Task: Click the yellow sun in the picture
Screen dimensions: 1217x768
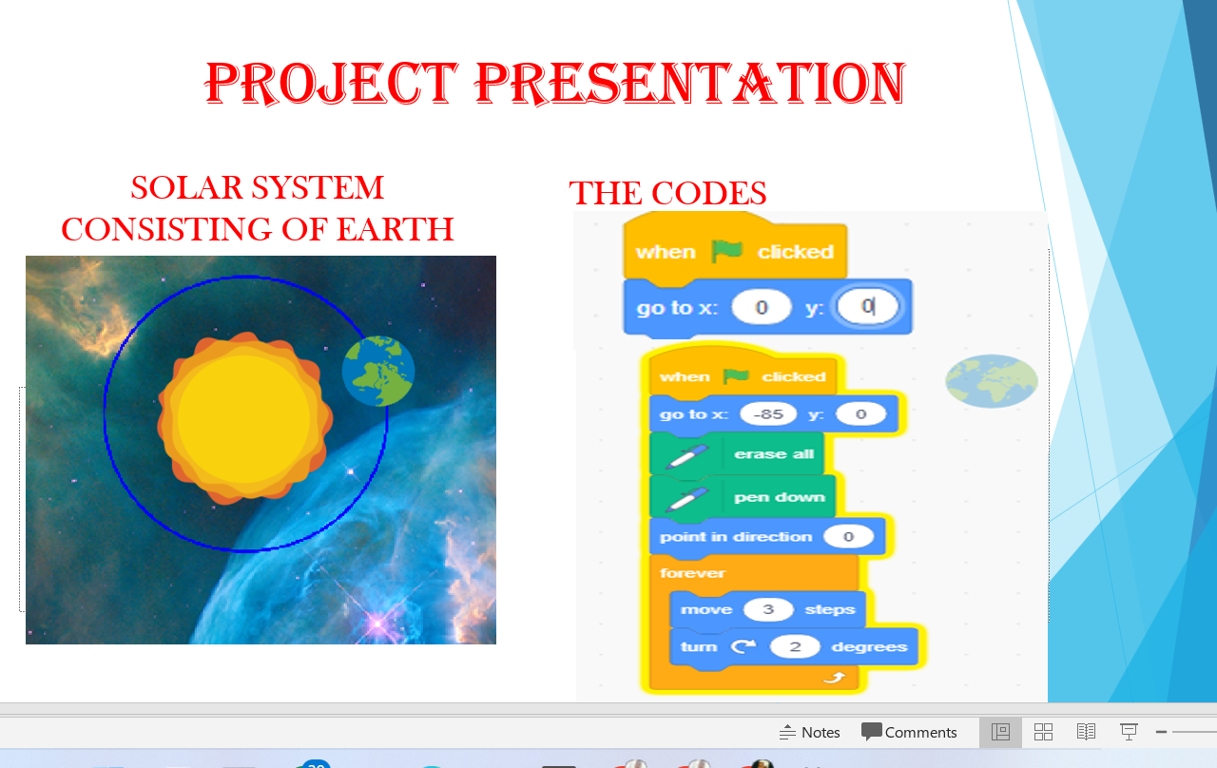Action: click(x=245, y=417)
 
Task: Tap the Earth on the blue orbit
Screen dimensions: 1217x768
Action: click(x=378, y=371)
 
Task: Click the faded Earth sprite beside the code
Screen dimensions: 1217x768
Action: click(x=992, y=381)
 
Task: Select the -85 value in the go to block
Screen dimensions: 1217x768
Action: click(x=768, y=414)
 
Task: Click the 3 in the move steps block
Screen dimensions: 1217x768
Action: click(x=767, y=609)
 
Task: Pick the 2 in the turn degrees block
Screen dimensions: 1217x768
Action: click(x=795, y=646)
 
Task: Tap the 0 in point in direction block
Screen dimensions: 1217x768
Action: click(x=848, y=537)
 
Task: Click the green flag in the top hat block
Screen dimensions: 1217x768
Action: click(x=727, y=251)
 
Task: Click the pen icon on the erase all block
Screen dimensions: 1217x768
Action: click(x=687, y=455)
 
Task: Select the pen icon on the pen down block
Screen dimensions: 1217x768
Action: click(x=687, y=499)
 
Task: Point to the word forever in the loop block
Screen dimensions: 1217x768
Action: click(x=692, y=573)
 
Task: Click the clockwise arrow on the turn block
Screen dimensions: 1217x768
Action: click(x=743, y=646)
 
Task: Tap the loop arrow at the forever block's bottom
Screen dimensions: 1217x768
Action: click(x=836, y=678)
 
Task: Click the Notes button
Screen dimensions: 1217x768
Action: click(x=809, y=732)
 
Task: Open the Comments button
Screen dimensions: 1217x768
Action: click(x=909, y=732)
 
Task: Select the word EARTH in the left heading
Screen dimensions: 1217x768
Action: click(x=395, y=229)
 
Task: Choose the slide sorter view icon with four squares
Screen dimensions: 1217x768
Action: click(x=1043, y=732)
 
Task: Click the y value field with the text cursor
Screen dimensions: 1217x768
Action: click(x=867, y=306)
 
